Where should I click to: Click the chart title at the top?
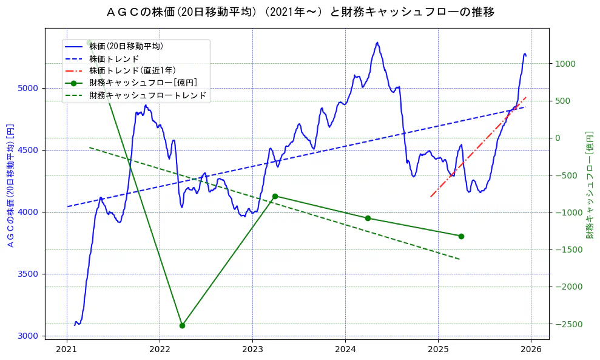[300, 12]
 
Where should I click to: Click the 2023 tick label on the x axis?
[252, 348]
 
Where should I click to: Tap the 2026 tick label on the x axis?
[531, 348]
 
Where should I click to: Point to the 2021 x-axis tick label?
[67, 348]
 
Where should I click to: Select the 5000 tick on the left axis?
[29, 88]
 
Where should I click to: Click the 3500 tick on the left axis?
[29, 274]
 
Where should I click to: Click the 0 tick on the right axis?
[558, 138]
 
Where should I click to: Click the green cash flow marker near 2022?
[182, 325]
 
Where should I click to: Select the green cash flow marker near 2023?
[275, 196]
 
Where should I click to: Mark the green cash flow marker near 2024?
[368, 218]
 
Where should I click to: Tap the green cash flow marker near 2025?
[461, 236]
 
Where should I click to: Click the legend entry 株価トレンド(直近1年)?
[132, 70]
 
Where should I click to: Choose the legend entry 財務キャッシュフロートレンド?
[147, 95]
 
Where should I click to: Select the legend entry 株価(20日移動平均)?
[126, 46]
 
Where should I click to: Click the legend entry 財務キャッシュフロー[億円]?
[143, 83]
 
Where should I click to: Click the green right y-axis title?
[589, 184]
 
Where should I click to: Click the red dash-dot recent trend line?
[479, 146]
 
